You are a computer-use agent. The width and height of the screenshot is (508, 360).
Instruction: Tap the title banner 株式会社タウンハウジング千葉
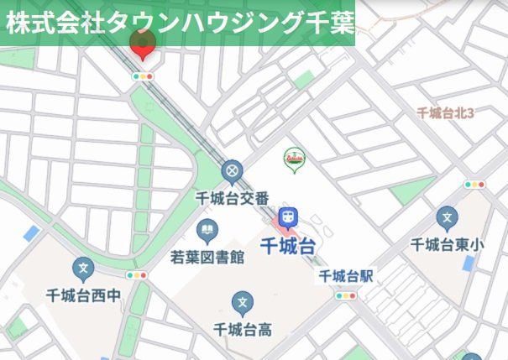(178, 22)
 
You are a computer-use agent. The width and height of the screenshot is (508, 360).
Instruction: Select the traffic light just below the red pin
(144, 76)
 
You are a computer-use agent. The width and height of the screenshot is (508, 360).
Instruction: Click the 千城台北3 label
(446, 112)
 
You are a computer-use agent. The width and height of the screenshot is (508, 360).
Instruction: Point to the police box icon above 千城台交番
(232, 173)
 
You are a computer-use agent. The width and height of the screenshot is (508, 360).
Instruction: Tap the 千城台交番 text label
(232, 198)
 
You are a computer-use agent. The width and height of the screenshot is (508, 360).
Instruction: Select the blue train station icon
(289, 217)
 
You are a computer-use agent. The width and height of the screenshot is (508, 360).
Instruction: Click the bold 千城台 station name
(288, 246)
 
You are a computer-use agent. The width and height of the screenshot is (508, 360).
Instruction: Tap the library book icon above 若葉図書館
(207, 229)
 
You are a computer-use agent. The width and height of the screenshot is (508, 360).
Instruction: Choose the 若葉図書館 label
(207, 256)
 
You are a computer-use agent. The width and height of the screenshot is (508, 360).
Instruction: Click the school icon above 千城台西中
(83, 269)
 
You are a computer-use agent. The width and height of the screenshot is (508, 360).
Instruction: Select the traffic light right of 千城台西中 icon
(136, 274)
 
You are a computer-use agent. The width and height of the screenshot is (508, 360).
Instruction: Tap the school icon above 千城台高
(243, 303)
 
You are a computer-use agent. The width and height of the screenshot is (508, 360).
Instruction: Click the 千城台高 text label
(243, 328)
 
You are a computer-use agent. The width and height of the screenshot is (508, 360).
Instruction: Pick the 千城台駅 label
(345, 275)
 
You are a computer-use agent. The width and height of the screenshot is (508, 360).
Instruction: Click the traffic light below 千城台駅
(345, 295)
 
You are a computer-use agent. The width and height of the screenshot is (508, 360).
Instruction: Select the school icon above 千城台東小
(448, 220)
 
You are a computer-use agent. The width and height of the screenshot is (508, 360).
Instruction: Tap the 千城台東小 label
(448, 245)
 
